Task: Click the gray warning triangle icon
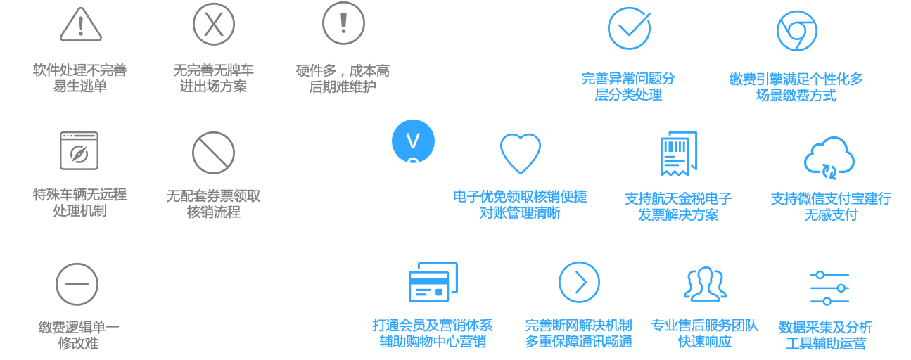[81, 25]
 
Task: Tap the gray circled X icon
[214, 24]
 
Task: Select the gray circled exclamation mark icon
[343, 22]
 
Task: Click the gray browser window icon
[79, 150]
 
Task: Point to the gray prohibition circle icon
[213, 153]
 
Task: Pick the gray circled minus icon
[77, 284]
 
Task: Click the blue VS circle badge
[413, 142]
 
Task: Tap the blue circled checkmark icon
[629, 28]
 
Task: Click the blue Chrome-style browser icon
[796, 30]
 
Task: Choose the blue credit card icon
[433, 283]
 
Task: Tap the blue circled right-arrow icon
[579, 282]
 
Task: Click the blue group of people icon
[705, 283]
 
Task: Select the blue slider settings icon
[829, 288]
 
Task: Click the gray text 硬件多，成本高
[343, 71]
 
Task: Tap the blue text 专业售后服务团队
[704, 326]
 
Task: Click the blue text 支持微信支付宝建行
[830, 199]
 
